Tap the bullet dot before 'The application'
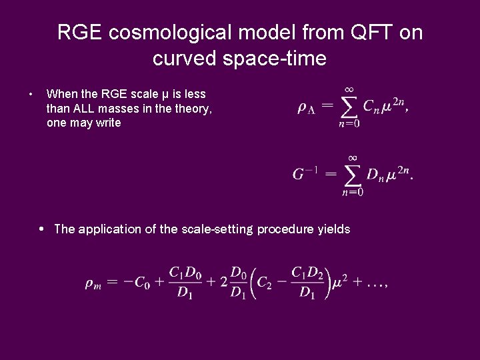coord(41,229)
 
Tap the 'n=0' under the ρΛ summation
coord(348,123)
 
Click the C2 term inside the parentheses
coord(266,283)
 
